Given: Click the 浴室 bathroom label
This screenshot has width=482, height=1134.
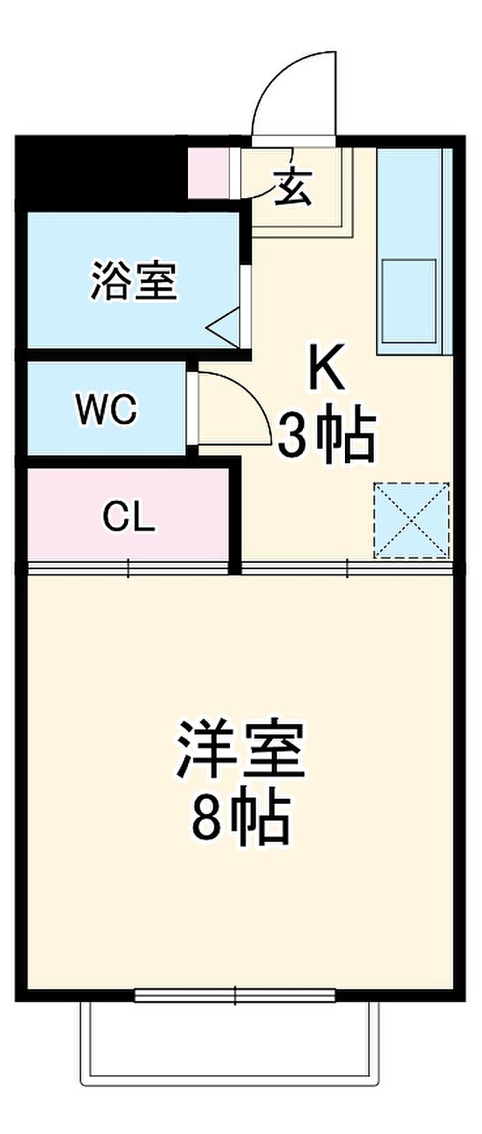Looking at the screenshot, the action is click(x=134, y=281).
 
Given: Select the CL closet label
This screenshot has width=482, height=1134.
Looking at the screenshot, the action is click(x=129, y=517).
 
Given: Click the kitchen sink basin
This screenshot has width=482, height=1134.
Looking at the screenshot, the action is click(x=409, y=300).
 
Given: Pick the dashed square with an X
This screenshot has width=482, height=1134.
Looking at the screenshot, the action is click(x=411, y=520).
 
